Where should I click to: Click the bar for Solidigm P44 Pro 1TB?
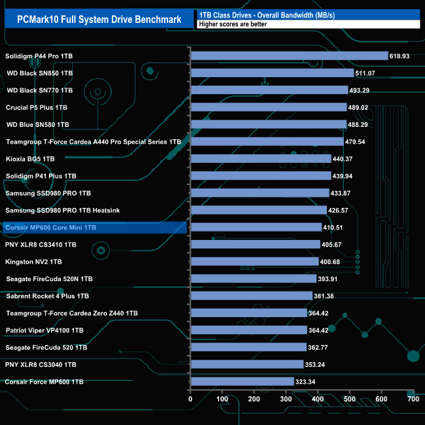click(289, 56)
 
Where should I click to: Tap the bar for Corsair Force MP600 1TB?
click(242, 381)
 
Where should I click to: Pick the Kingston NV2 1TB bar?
click(254, 262)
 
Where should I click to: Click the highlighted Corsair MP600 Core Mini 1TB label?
click(50, 228)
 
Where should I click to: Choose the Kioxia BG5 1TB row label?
click(30, 159)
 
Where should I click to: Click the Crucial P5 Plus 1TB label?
click(37, 107)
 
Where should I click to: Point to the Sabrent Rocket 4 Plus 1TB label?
click(47, 296)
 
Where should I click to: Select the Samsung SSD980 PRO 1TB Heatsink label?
click(63, 211)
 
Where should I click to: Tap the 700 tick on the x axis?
click(413, 399)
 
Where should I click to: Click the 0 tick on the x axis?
click(190, 399)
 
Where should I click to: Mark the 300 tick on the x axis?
click(286, 399)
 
